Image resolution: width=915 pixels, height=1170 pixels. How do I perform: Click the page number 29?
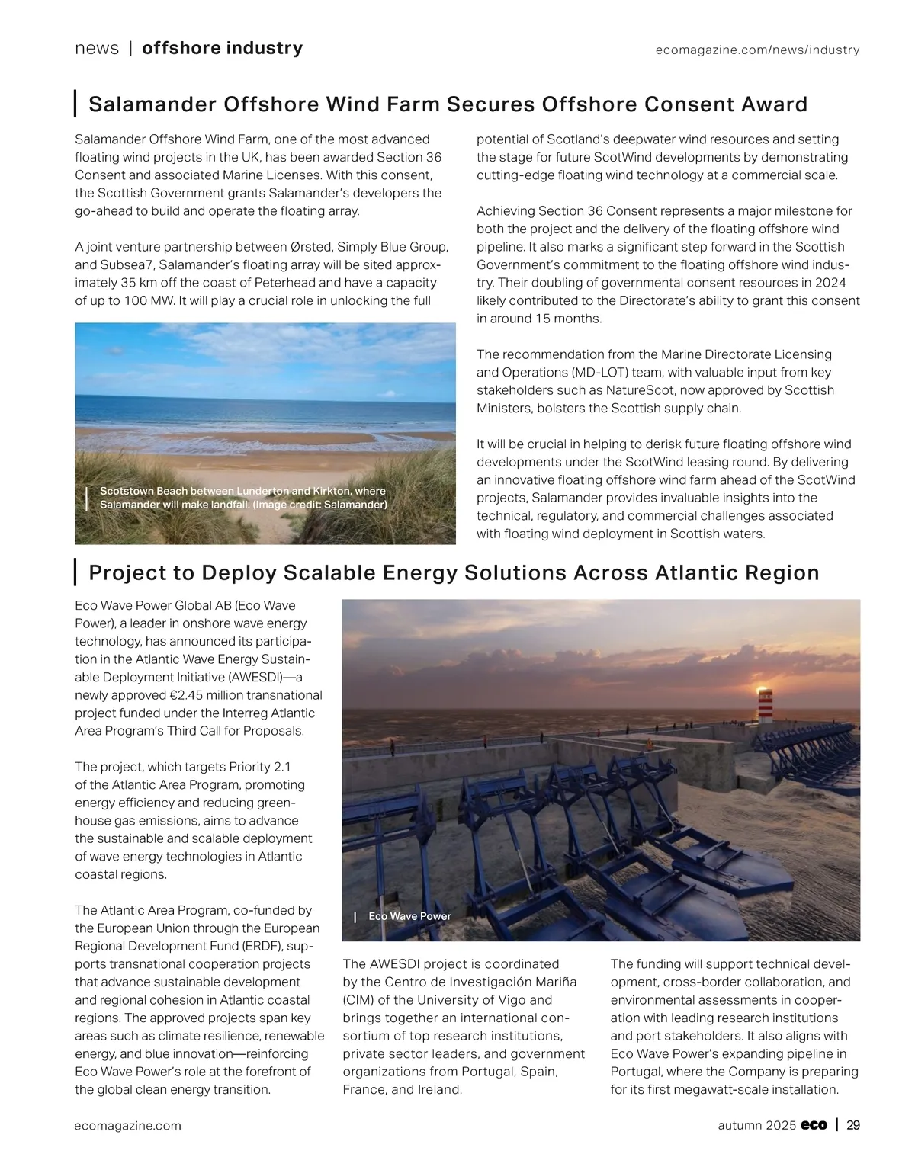click(853, 1125)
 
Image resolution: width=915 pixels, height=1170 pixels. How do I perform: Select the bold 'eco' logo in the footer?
click(814, 1125)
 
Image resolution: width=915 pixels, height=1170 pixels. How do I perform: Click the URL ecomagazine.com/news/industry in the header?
click(757, 50)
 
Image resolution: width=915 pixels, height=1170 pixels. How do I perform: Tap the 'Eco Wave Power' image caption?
click(409, 916)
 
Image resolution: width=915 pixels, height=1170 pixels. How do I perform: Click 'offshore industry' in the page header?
click(222, 49)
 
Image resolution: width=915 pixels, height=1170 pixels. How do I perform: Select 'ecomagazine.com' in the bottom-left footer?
click(128, 1125)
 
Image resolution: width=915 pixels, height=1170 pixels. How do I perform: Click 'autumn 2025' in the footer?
click(756, 1125)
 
